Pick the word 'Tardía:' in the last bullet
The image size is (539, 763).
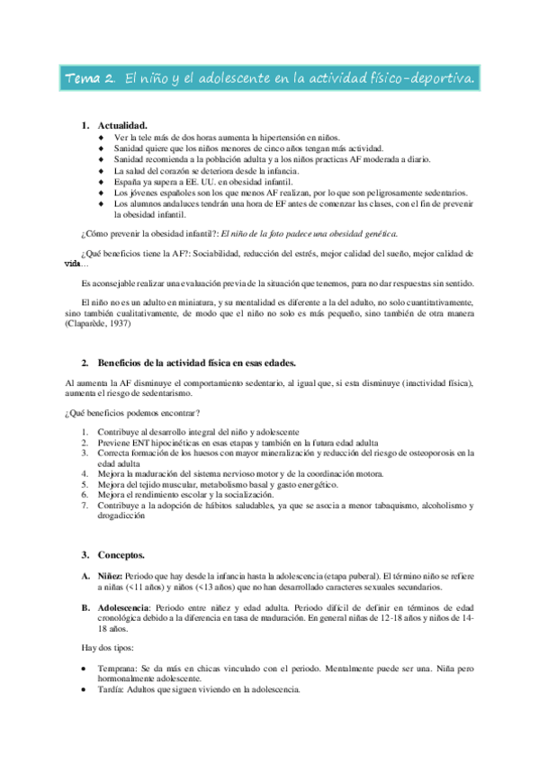click(114, 690)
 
